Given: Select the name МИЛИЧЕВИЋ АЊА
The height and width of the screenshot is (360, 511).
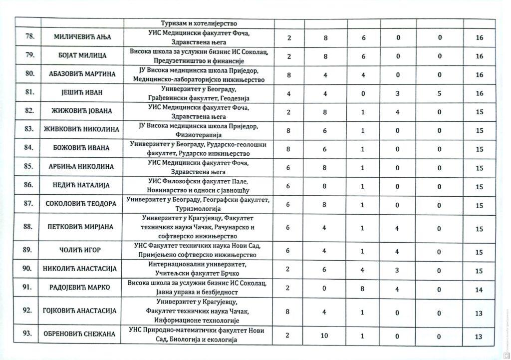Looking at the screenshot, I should pos(82,37).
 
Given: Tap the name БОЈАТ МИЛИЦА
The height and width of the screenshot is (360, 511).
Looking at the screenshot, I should pos(82,56).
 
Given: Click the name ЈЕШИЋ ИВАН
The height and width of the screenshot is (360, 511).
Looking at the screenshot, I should pos(82,93).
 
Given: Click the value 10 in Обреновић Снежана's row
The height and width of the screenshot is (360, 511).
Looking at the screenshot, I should pos(325,336).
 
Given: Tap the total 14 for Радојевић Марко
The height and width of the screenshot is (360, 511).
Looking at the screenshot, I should pos(479,288).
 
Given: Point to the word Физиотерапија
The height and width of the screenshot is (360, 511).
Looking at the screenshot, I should pos(203,135).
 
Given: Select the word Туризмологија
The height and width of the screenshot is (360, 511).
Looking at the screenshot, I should pos(201,209).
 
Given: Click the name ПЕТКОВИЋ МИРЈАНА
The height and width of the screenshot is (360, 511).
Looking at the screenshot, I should pos(82,227).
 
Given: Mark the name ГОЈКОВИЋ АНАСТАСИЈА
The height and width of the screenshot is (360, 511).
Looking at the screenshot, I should pos(82,311).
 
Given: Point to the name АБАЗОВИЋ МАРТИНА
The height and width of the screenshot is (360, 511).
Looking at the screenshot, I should pos(82,74).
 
